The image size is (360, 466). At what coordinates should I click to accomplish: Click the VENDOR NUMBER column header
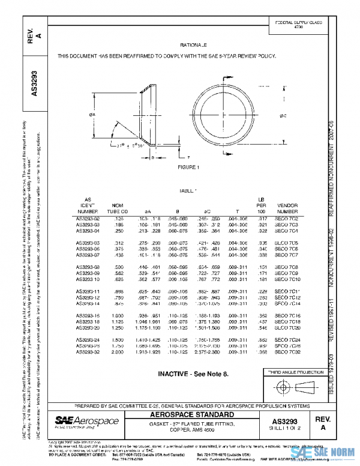pyautogui.click(x=287, y=208)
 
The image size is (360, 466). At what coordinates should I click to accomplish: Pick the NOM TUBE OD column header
pyautogui.click(x=121, y=208)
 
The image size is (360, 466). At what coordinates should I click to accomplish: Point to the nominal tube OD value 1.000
pyautogui.click(x=121, y=315)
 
